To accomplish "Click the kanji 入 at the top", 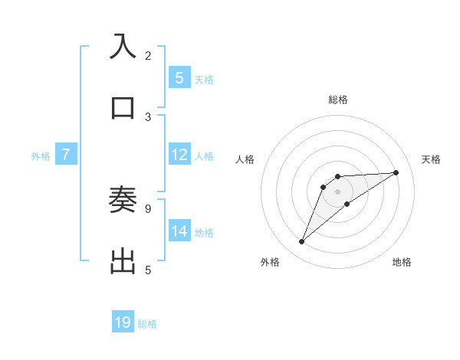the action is pos(123,47).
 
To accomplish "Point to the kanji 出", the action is pos(123,261).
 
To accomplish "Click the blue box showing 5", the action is pos(179,77).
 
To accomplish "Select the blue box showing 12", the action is pos(179,155).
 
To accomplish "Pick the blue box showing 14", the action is pos(179,231).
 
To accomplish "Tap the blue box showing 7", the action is pos(66,155).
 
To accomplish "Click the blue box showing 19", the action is pos(123,322).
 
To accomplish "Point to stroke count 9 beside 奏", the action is pos(148,208).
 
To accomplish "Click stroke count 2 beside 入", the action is pos(148,55).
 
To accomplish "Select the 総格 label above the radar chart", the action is pos(338,100).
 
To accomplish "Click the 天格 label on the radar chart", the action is pos(432,159).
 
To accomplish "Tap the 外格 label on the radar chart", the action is pos(270,262).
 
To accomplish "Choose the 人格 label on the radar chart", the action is pos(245,159).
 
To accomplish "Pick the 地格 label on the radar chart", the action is pos(402,262).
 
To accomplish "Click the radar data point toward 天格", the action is pos(396,172).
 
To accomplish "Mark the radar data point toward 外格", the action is pos(302,242).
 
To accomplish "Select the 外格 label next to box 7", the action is pos(41,155).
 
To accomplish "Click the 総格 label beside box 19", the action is pos(147,324).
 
